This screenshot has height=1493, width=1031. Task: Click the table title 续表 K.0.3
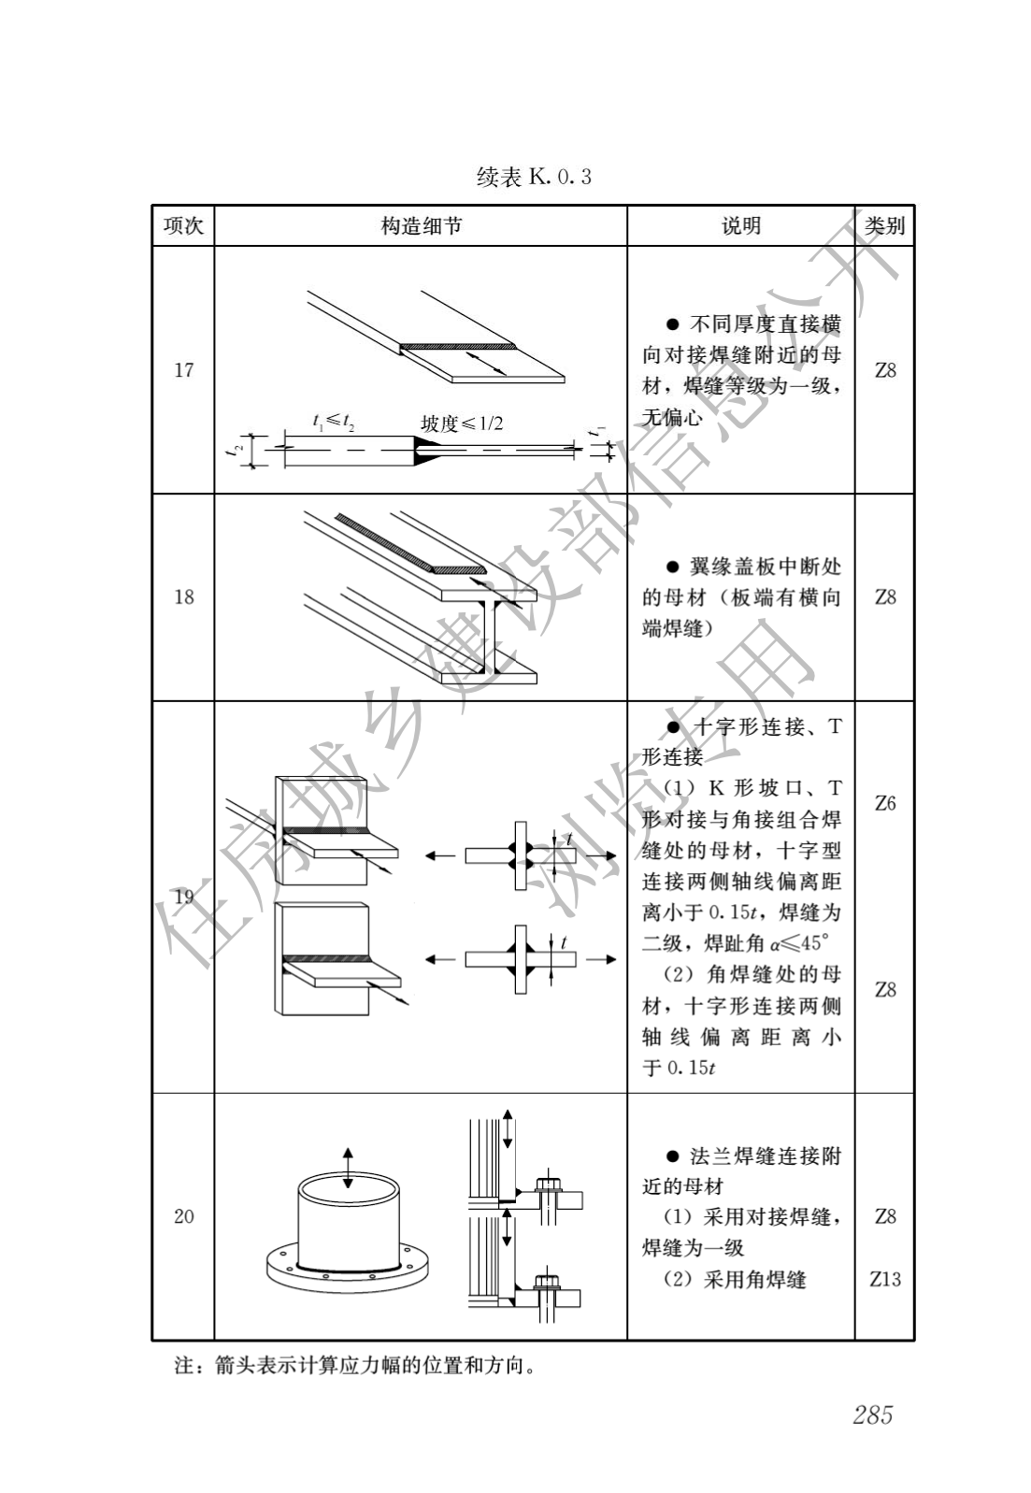(x=534, y=177)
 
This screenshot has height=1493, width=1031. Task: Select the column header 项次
(x=183, y=226)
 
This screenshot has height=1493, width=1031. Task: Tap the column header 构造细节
(x=421, y=226)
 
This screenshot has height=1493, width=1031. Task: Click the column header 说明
(x=740, y=226)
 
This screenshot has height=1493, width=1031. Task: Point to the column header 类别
(x=884, y=226)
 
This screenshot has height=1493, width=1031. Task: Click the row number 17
(x=184, y=370)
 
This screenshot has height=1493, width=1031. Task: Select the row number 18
(x=184, y=596)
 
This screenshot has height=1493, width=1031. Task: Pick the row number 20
(x=184, y=1216)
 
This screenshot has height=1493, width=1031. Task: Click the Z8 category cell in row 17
(x=884, y=370)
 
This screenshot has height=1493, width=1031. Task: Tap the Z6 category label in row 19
(x=884, y=803)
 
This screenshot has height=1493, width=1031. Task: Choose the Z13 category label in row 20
(x=884, y=1279)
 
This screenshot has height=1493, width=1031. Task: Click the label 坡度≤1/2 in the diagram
(x=462, y=423)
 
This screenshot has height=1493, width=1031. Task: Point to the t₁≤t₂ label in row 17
(x=333, y=422)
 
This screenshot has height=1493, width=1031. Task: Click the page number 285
(x=872, y=1414)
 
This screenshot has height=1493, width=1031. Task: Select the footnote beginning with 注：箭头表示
(x=355, y=1366)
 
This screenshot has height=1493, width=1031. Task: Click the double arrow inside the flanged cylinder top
(x=348, y=1168)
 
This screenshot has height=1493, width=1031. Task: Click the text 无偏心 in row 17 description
(x=672, y=417)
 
